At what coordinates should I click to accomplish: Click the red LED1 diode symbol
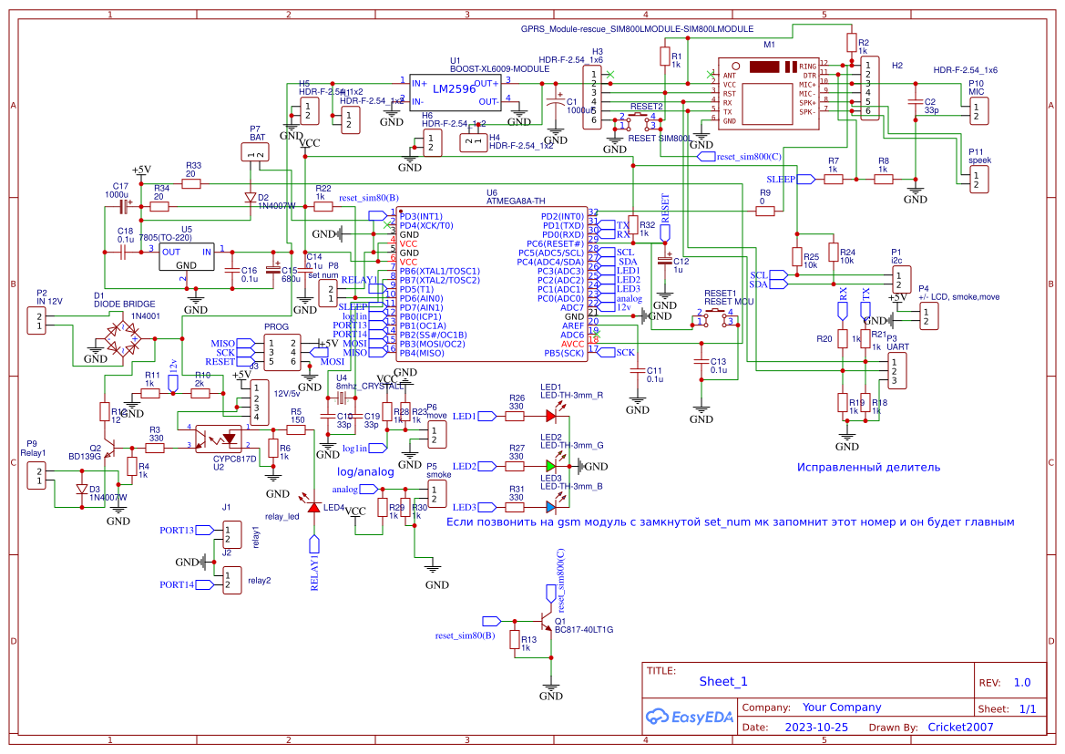coord(551,416)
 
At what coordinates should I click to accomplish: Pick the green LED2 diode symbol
coord(551,466)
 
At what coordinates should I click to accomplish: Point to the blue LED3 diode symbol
coord(551,507)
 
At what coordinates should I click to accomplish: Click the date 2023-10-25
coord(816,728)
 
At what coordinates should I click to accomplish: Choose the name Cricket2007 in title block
coord(960,728)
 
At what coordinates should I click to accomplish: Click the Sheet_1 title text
coord(723,681)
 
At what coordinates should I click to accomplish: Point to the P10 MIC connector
coord(977,110)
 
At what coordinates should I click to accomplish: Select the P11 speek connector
coord(977,179)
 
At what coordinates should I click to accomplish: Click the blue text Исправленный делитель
coord(868,468)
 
